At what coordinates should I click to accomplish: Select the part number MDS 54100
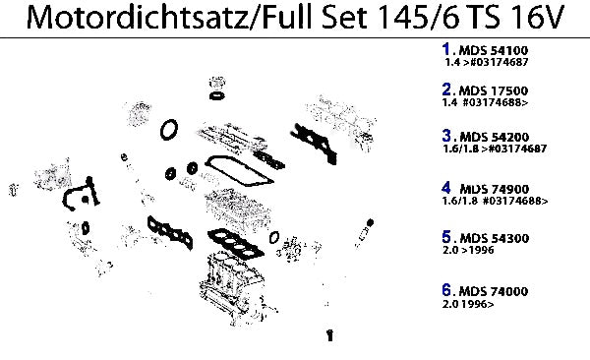coord(494,50)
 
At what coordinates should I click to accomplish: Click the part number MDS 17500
coord(494,90)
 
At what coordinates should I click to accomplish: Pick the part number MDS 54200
coord(495,137)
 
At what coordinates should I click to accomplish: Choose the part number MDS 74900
coord(495,189)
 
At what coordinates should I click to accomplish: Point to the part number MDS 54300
coord(495,238)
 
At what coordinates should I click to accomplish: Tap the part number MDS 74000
coord(494,291)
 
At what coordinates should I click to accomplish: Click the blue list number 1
coord(446,49)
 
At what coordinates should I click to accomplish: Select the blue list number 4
coord(446,188)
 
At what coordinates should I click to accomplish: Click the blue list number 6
coord(446,290)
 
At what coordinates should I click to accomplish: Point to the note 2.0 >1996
coord(468,250)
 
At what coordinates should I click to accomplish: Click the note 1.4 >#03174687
coord(487,62)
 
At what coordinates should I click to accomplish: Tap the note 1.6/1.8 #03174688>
coord(496,201)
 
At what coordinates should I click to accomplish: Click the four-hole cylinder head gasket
coord(236,244)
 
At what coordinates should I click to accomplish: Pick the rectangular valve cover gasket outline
coord(239,171)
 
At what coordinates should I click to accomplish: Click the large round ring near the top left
coord(169,130)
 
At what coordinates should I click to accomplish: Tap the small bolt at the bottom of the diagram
coord(330,334)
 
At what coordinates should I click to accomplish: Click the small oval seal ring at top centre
coord(217,96)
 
